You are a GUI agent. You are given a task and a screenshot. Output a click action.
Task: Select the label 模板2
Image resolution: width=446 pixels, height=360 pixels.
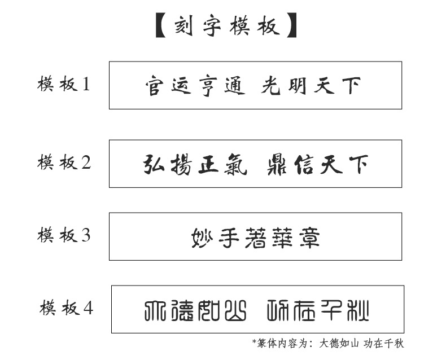(x=64, y=163)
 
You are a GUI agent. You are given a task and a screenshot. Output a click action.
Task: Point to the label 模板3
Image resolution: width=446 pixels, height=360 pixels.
(x=64, y=235)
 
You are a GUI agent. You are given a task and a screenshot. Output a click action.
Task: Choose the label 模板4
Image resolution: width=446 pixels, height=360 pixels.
(x=66, y=308)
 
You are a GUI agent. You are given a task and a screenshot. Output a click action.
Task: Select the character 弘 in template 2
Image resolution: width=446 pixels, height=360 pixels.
(x=154, y=165)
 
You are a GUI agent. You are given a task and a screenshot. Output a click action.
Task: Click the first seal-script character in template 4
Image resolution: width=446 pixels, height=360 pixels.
(x=152, y=310)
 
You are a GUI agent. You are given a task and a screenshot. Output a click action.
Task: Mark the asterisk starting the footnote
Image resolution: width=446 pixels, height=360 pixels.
(x=254, y=341)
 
